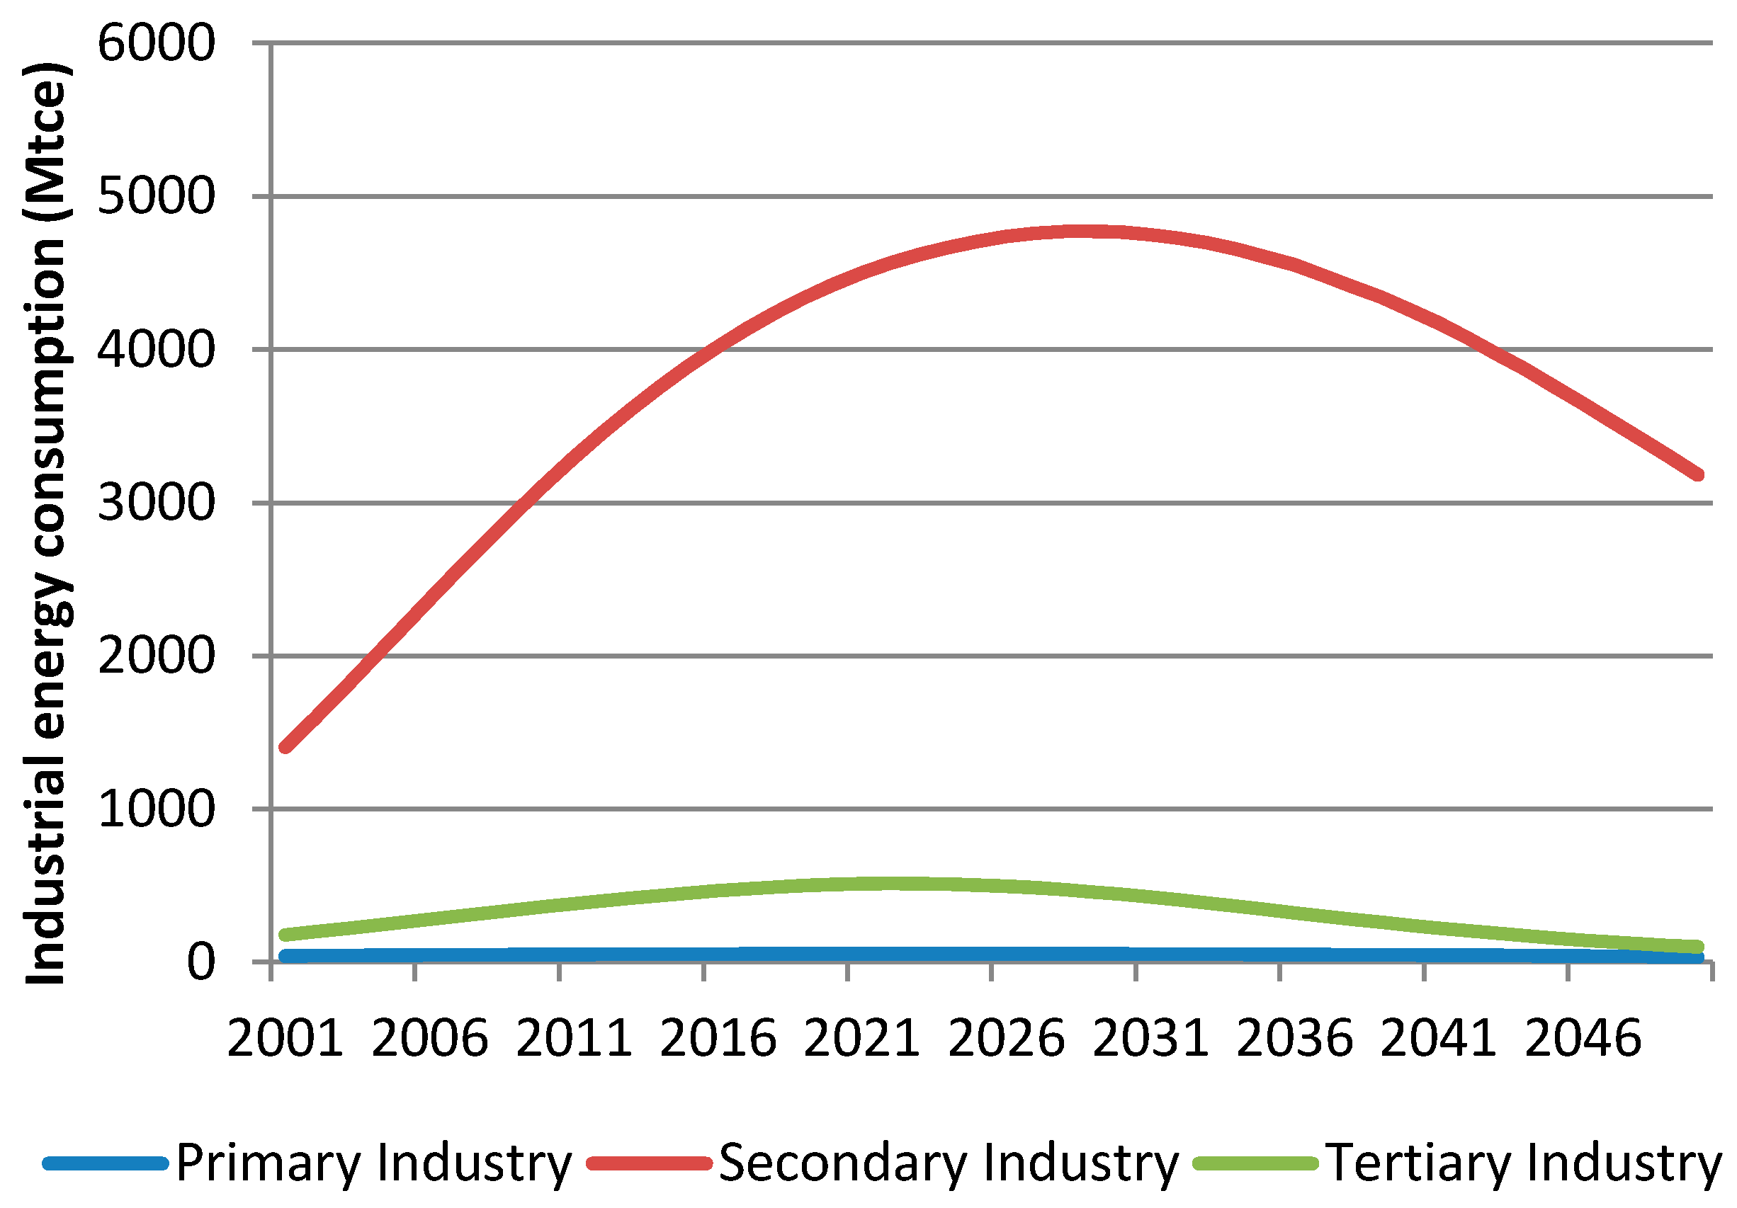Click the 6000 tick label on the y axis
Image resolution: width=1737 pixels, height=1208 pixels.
tap(156, 43)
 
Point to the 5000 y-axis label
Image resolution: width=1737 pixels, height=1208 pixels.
tap(156, 197)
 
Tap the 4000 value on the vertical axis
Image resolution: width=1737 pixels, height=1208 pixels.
tap(156, 351)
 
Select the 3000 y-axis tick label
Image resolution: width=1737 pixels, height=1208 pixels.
tap(156, 503)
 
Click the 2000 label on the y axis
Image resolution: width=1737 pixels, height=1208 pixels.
tap(156, 656)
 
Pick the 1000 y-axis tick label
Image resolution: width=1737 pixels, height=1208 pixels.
tap(156, 809)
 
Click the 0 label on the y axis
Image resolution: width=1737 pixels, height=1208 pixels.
tap(200, 963)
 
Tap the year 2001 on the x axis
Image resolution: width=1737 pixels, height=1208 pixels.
tap(285, 1039)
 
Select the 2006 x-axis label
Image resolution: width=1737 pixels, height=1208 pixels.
tap(430, 1039)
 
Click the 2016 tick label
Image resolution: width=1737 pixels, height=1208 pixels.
tap(718, 1039)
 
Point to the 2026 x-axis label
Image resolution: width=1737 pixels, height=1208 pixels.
tap(1006, 1039)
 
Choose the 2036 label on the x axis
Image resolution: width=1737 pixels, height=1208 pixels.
tap(1294, 1039)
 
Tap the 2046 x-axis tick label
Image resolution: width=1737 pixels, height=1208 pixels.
tap(1583, 1039)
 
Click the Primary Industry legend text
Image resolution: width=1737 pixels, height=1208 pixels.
tap(374, 1163)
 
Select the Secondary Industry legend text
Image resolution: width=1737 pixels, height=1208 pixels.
tap(949, 1163)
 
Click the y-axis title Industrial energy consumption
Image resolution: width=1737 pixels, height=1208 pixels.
tap(45, 522)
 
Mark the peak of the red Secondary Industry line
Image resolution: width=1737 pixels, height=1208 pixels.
tap(1082, 232)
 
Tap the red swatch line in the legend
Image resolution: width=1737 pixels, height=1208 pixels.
tap(650, 1163)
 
